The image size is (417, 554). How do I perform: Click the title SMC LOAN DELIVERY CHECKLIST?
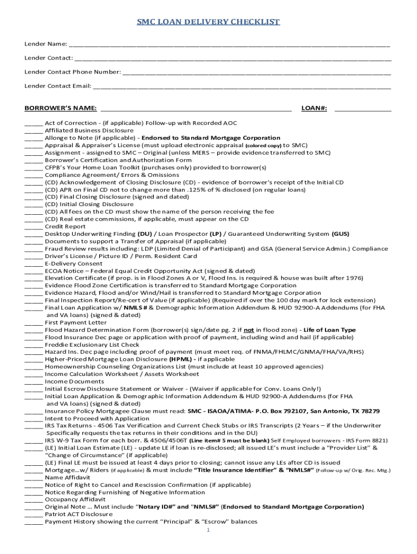tap(208, 22)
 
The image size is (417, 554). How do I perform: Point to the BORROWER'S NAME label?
tap(61, 109)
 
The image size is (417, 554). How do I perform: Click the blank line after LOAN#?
tap(362, 109)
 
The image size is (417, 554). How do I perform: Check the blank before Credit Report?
tap(34, 227)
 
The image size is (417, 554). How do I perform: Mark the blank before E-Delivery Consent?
tap(34, 264)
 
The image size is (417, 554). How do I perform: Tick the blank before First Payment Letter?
tap(34, 323)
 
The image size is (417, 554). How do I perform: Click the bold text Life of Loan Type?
tap(329, 330)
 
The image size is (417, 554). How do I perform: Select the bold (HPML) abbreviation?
tap(179, 359)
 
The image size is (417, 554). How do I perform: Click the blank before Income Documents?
tap(34, 382)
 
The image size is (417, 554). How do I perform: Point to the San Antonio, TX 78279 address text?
tap(341, 411)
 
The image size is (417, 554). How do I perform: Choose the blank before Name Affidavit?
tap(34, 478)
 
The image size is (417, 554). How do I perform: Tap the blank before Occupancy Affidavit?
tap(34, 500)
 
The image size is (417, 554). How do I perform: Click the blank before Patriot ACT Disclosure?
tap(34, 515)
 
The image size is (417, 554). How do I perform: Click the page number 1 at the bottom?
tap(208, 531)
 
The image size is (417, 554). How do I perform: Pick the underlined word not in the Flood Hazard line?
tap(249, 330)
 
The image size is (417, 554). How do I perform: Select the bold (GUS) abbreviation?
tap(340, 234)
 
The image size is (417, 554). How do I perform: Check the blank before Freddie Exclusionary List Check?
tap(34, 345)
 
